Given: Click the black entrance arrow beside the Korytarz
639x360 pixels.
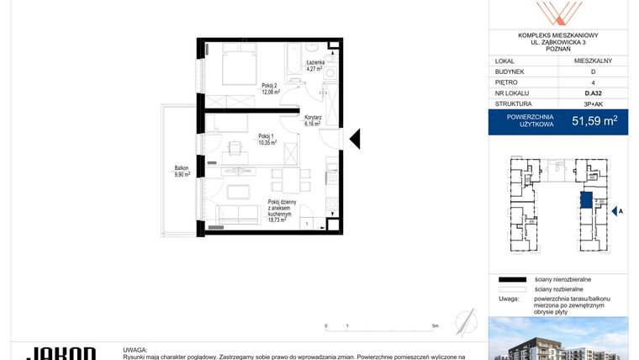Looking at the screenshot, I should click(355, 138).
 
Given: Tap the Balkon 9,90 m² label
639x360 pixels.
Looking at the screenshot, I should click(182, 171).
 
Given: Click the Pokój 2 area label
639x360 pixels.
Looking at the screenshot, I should click(270, 89).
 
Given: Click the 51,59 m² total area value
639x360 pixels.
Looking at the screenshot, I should click(594, 121).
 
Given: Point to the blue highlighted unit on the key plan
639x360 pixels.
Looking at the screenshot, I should click(586, 200).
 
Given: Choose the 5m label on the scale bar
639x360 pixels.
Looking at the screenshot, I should click(434, 326).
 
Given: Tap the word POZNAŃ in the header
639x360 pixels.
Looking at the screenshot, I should click(558, 49).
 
